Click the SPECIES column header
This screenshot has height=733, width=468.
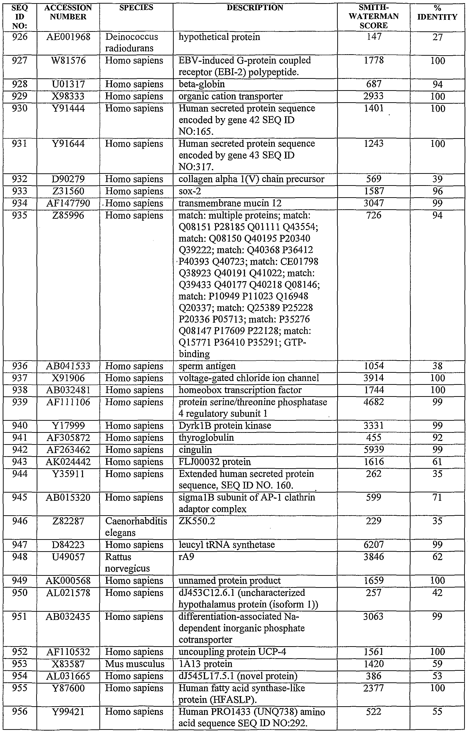pos(136,8)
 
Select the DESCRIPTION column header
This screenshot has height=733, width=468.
pos(255,8)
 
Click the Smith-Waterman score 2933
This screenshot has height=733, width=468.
pos(374,96)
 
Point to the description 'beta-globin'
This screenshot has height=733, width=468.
pos(202,84)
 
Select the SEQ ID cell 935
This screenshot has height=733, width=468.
pos(20,216)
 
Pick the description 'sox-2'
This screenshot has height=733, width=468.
pos(190,191)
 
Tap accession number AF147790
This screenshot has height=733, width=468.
pos(68,203)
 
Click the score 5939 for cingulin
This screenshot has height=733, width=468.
pos(374,450)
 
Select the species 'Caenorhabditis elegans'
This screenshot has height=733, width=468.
pos(136,527)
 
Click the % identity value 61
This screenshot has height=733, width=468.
pos(437,462)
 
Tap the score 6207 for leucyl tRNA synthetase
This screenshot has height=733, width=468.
pos(374,545)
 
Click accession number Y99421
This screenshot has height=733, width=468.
pos(68,712)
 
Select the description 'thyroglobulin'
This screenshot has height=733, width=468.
pos(206,438)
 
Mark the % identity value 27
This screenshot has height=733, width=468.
pos(437,37)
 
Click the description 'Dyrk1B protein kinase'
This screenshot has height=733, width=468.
pos(225,426)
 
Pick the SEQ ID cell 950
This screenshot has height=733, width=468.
pos(20,593)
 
